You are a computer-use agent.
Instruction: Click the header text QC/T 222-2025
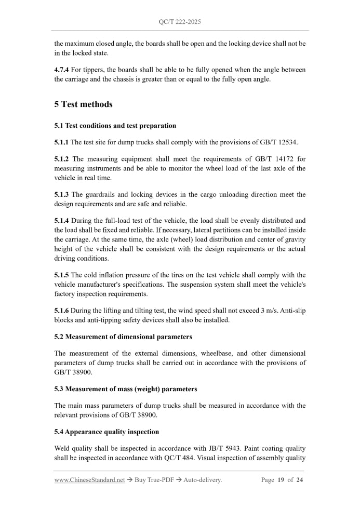click(180, 22)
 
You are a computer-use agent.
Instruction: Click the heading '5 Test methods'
click(83, 104)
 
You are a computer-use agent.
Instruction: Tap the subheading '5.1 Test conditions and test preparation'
click(115, 126)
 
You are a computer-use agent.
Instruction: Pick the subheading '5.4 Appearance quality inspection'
click(106, 432)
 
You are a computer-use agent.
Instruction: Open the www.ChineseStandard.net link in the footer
click(89, 480)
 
